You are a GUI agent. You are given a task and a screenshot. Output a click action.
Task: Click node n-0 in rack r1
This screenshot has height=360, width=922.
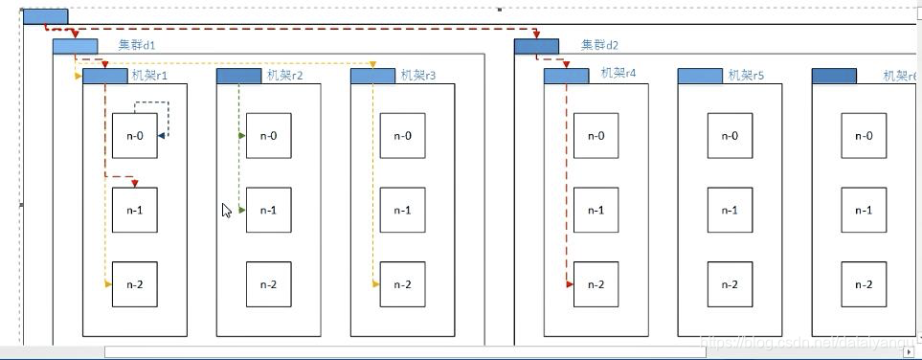click(134, 136)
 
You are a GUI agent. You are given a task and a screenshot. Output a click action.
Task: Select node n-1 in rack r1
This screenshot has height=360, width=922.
click(134, 211)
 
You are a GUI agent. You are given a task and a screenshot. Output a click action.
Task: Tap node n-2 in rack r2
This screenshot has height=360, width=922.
click(268, 284)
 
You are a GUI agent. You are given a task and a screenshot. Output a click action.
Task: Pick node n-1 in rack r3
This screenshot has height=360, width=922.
click(402, 211)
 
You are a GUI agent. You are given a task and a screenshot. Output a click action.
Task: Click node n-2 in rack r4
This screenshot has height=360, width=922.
click(596, 284)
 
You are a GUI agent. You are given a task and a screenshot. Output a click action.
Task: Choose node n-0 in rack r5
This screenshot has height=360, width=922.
click(730, 136)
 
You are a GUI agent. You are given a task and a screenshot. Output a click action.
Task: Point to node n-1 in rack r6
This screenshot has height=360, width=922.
click(864, 211)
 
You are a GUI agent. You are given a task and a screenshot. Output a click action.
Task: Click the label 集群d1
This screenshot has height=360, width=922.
click(137, 45)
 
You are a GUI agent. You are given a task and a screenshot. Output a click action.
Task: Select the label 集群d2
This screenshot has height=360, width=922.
click(600, 45)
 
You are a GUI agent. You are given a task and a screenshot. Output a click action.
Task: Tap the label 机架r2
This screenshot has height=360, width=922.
click(284, 75)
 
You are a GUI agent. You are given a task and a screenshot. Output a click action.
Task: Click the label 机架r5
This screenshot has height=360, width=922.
click(746, 75)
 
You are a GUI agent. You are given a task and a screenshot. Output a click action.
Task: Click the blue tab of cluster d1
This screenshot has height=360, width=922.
click(75, 46)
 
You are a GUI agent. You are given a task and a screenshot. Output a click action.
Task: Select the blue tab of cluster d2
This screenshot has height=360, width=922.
click(536, 46)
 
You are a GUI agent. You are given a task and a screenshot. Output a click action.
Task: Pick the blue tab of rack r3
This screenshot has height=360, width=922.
click(372, 76)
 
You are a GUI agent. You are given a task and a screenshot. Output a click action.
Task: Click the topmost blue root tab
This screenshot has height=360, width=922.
click(44, 16)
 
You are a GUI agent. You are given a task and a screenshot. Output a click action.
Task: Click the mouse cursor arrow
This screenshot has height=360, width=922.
click(226, 210)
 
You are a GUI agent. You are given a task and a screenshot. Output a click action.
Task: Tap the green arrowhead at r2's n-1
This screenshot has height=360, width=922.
click(242, 210)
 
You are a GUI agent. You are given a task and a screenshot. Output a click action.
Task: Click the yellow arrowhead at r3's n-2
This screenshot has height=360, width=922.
click(376, 284)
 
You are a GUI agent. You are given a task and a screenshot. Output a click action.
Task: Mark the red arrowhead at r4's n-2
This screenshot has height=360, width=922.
click(570, 284)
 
